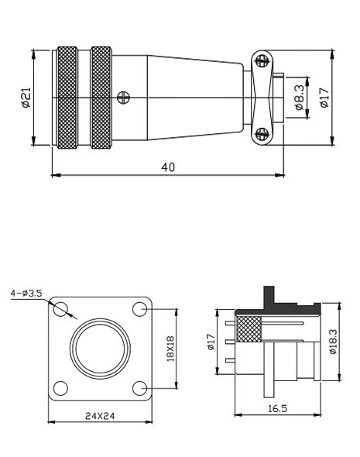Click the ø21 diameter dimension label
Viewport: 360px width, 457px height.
point(25,97)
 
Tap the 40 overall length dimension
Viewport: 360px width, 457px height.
point(167,167)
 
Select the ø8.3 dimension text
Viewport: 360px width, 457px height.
point(300,97)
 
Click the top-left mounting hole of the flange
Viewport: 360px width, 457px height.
point(62,310)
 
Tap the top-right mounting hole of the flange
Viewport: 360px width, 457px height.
point(140,310)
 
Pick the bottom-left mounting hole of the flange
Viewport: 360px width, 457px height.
point(62,387)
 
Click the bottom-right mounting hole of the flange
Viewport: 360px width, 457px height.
point(140,387)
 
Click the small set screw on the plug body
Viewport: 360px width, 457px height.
point(122,97)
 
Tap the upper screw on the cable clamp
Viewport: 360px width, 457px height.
point(262,60)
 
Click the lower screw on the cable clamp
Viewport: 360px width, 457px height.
point(262,133)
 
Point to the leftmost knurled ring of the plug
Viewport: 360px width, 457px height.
point(67,97)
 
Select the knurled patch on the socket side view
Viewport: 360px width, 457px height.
point(250,331)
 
